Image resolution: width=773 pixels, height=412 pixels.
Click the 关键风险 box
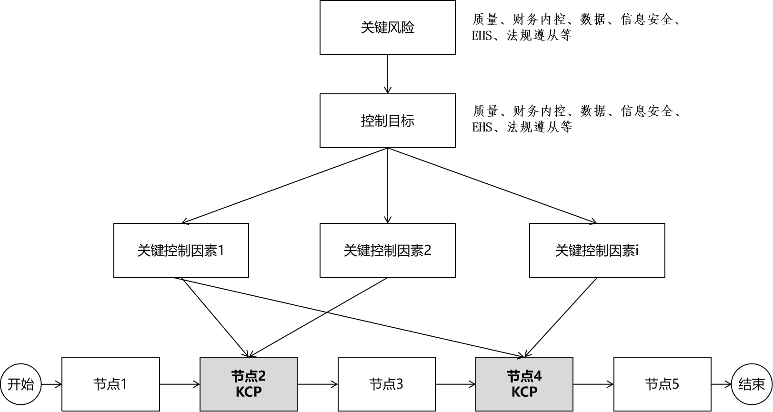(387, 27)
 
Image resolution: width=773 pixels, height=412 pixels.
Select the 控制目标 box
(387, 121)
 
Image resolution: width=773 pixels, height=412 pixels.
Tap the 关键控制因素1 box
(181, 251)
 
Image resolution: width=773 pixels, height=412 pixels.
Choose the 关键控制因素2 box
(387, 251)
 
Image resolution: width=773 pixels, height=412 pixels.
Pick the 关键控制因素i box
(597, 251)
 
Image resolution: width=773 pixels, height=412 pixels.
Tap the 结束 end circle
(752, 384)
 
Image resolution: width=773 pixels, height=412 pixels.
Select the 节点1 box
(110, 384)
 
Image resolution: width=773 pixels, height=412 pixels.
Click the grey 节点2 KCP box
(248, 384)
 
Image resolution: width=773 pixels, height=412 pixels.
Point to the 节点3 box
(386, 384)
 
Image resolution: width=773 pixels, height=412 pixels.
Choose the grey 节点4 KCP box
(524, 384)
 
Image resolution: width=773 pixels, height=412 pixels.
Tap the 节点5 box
(662, 384)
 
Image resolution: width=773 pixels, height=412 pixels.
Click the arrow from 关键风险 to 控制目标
(388, 74)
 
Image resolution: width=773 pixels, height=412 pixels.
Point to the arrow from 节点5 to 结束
(721, 384)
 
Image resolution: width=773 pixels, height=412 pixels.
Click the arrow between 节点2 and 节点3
(317, 384)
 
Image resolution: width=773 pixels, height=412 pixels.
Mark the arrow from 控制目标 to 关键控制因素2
(388, 186)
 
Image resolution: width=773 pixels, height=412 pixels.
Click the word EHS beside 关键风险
(482, 35)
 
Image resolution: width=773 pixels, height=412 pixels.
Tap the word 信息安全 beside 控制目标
(646, 111)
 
